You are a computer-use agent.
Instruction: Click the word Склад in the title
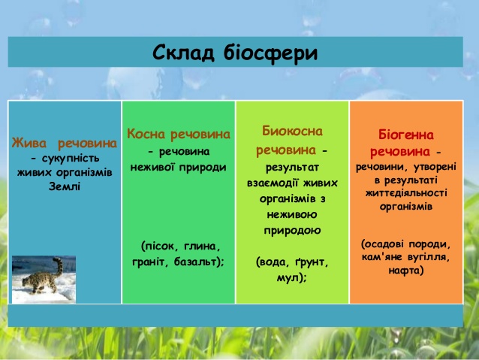[183, 53]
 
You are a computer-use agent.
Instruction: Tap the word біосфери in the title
[271, 53]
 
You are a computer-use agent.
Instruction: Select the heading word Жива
[29, 143]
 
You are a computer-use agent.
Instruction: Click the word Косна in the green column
[146, 134]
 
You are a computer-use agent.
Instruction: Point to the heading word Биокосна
[292, 131]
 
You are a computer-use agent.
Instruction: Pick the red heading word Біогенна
[406, 135]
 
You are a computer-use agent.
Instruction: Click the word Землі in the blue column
[65, 186]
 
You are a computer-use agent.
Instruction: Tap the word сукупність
[71, 159]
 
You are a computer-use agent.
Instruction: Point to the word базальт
[195, 262]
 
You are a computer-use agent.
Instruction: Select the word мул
[287, 278]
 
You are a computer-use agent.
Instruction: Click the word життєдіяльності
[406, 193]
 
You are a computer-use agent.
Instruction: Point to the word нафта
[404, 271]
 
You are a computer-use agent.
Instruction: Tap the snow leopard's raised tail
[58, 265]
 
